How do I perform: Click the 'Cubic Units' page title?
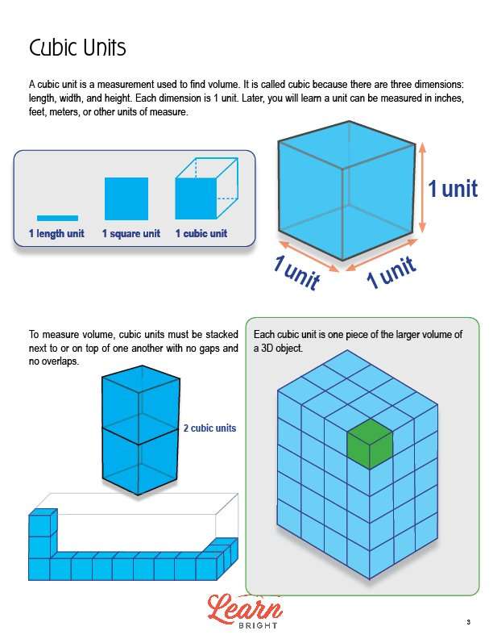(x=77, y=48)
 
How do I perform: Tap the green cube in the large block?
(x=370, y=444)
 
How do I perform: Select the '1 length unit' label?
(x=56, y=233)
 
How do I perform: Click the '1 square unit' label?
(x=131, y=233)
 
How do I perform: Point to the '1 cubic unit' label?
(x=201, y=233)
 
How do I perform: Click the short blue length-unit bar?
(x=57, y=218)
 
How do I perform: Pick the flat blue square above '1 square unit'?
(x=126, y=198)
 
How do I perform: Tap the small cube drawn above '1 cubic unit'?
(x=206, y=188)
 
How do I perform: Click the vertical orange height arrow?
(x=422, y=187)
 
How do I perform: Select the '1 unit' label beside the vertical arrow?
(x=453, y=189)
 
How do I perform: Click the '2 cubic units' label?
(x=209, y=428)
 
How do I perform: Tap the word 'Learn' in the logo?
(x=245, y=608)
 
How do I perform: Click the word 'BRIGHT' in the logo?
(x=258, y=625)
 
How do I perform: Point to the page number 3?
(x=469, y=622)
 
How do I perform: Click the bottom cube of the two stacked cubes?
(x=139, y=462)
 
